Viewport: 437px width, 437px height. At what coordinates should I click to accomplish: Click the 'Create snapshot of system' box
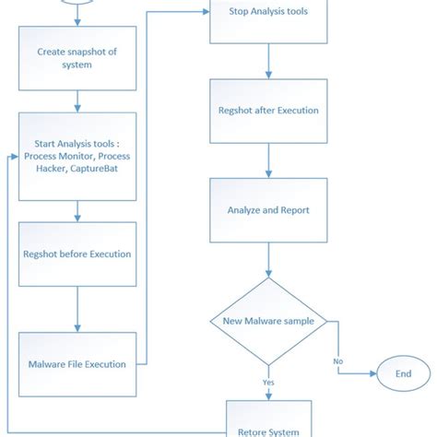77,59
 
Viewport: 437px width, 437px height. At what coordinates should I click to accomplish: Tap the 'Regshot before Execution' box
77,254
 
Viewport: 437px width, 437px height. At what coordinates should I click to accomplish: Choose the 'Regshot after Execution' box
268,112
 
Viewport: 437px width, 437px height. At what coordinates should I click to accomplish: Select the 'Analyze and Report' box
268,210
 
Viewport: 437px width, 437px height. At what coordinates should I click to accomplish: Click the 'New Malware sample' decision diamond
268,320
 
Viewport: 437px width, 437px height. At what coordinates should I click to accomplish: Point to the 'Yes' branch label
267,382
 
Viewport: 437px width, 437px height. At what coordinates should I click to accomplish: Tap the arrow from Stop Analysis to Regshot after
268,62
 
